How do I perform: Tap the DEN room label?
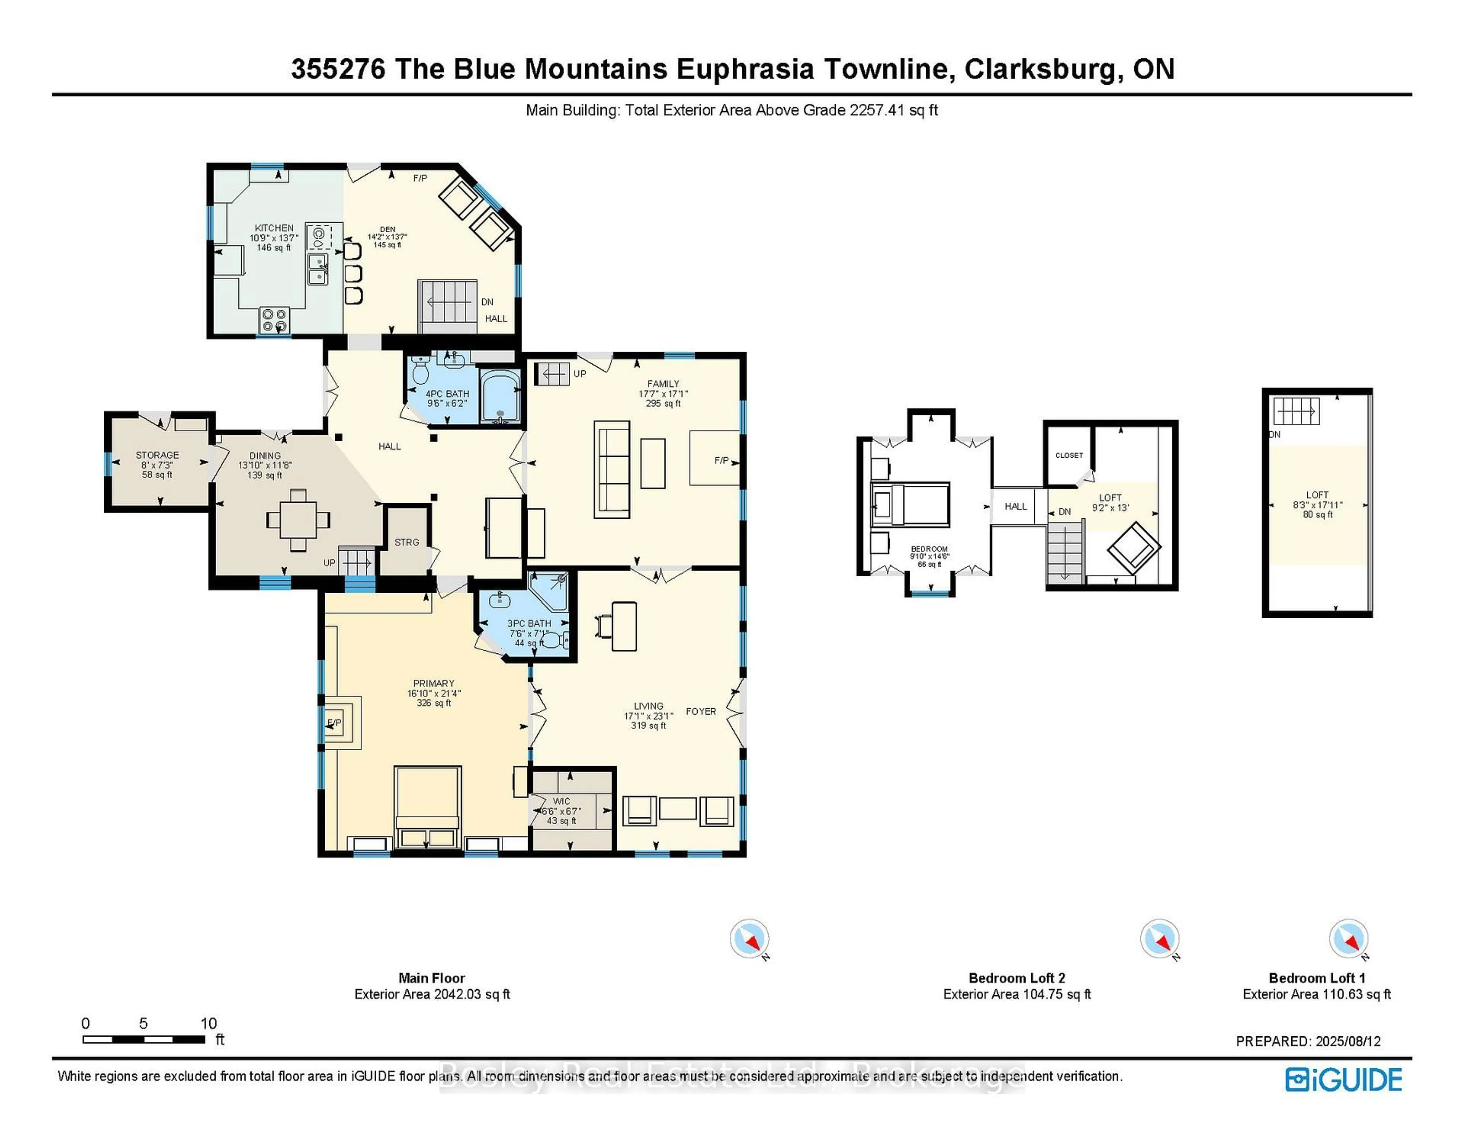(387, 229)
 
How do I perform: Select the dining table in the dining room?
(298, 520)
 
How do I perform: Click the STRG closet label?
(406, 542)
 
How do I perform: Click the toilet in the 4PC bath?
(420, 370)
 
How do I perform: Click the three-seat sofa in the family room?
(612, 470)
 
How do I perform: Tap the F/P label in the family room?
(721, 461)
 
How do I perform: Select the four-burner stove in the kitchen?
(274, 320)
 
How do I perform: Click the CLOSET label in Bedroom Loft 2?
(1069, 455)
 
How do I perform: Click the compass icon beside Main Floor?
(749, 939)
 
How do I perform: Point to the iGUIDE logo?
(1344, 1080)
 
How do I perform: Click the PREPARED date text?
(1308, 1042)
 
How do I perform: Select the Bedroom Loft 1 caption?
(1316, 978)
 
